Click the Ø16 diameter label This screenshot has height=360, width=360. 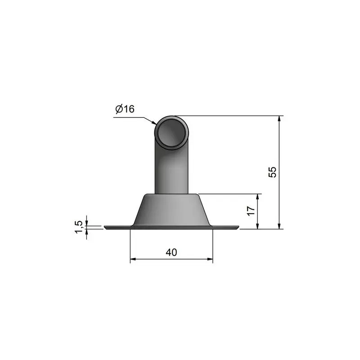pos(125,109)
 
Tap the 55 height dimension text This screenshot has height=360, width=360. pos(272,172)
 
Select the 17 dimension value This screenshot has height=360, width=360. pos(251,211)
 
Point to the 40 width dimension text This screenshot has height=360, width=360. pos(171,252)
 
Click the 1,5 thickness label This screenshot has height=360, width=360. pos(78,227)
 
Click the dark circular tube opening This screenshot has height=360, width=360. pos(171,133)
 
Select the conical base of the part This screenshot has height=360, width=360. pos(171,210)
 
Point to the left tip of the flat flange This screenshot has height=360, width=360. pos(104,227)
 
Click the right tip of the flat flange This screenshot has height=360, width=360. pos(238,227)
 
